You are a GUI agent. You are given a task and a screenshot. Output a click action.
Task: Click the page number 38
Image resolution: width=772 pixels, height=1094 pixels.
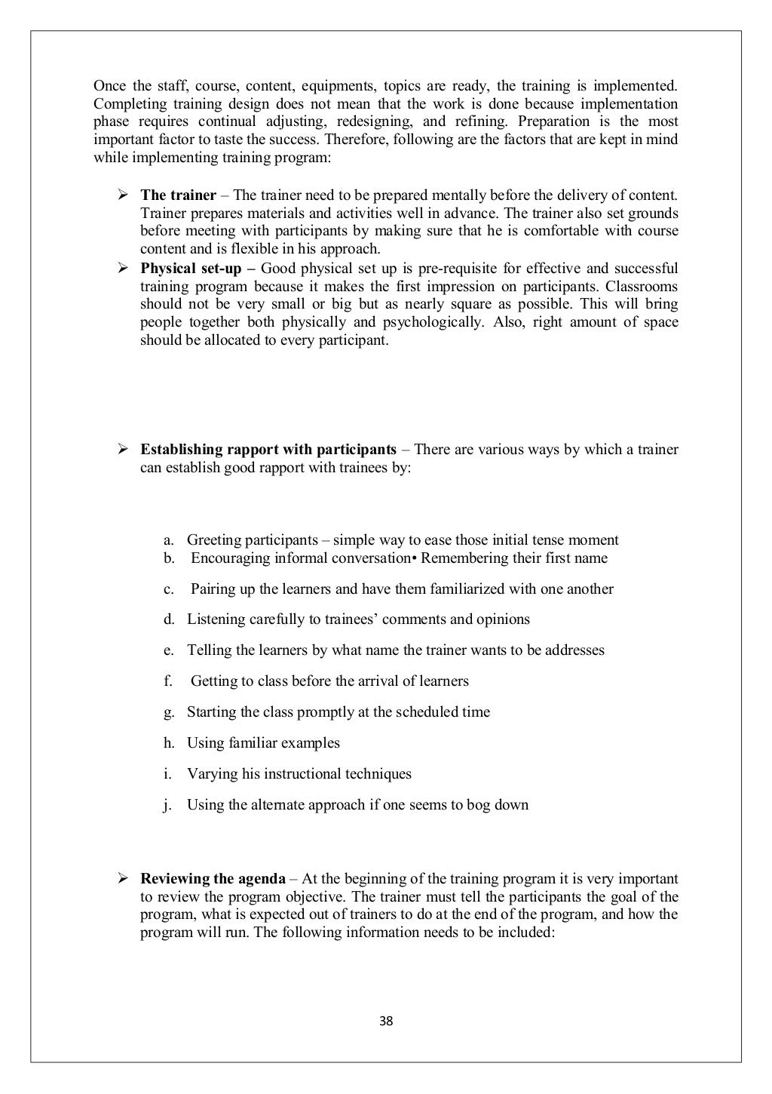pos(386,1022)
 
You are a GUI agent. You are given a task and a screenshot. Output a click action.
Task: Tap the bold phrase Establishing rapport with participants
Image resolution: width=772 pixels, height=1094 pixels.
pos(268,450)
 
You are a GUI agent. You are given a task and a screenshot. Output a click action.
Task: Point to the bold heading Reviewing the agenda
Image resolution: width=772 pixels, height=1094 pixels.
pos(213,879)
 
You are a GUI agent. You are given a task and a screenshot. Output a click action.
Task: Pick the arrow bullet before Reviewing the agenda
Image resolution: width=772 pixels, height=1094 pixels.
pos(120,879)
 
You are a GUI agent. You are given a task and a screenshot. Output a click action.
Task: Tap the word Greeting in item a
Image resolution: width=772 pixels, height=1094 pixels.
pos(212,540)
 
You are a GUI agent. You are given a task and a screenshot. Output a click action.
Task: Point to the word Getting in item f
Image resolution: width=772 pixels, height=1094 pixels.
pos(213,681)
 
